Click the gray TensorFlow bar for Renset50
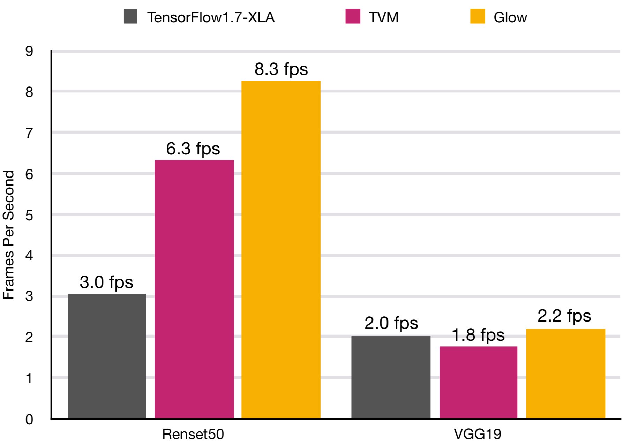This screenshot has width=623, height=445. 107,356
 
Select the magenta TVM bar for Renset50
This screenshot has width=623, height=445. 194,289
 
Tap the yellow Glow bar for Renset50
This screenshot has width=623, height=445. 281,249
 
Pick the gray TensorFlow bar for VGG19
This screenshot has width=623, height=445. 391,377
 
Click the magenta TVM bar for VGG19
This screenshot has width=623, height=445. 478,382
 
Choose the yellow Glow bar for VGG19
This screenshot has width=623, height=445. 565,374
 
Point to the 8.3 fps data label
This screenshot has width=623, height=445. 281,69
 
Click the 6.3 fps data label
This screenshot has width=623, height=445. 193,149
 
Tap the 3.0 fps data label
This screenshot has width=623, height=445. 106,282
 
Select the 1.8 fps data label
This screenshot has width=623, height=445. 478,335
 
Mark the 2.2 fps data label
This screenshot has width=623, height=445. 564,316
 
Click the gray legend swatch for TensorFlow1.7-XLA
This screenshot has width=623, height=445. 130,16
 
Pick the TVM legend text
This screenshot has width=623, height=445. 383,17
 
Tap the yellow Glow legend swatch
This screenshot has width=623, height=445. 477,16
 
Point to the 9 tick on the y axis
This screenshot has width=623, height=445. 29,51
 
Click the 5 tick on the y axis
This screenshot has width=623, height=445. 29,215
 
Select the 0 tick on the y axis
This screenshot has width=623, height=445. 29,419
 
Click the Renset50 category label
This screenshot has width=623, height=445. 193,434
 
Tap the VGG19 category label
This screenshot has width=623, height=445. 477,434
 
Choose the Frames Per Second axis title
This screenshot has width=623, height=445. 8,234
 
